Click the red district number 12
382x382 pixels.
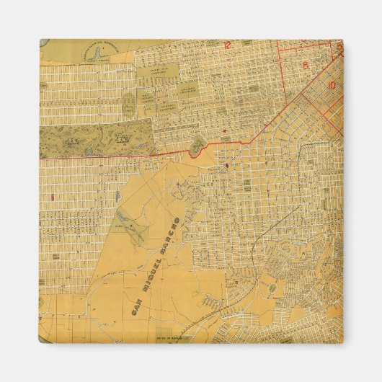tap(228, 46)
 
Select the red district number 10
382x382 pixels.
tap(332, 84)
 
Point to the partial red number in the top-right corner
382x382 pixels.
tap(339, 45)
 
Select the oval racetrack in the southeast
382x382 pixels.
tap(273, 289)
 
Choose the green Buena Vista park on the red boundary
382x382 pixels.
tap(195, 147)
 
